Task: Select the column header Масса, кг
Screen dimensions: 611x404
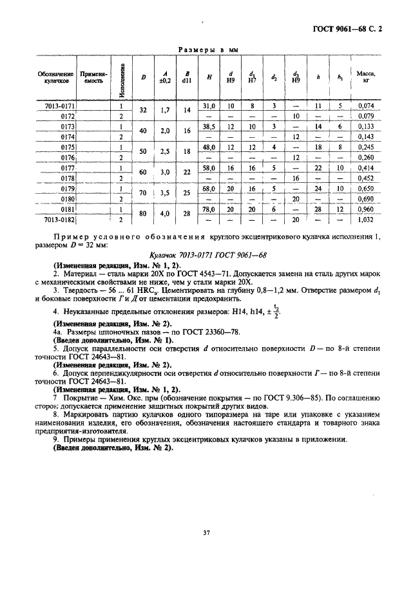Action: [x=366, y=78]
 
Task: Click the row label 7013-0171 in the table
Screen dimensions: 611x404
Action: [x=61, y=105]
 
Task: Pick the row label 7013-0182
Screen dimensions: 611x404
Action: [x=61, y=220]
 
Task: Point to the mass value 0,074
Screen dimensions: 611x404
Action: [x=366, y=105]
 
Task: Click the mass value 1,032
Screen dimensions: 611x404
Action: [x=366, y=220]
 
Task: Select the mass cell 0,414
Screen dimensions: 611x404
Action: [x=366, y=167]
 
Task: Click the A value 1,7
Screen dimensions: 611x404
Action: [x=164, y=110]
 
